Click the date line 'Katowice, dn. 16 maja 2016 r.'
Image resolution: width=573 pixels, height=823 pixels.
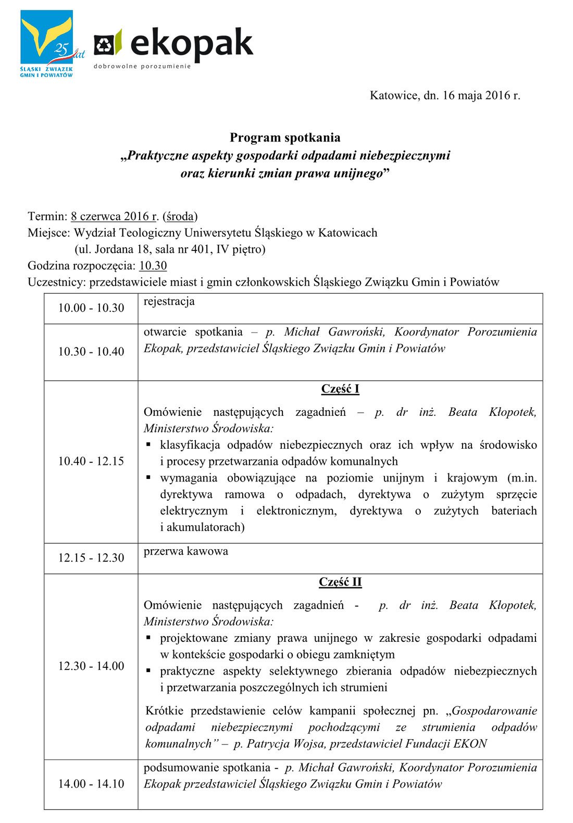[x=445, y=95]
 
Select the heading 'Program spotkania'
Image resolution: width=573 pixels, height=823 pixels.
[x=285, y=137]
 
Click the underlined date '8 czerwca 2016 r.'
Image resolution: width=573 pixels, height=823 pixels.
[x=115, y=216]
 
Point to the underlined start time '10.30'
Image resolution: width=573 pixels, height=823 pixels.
[x=153, y=265]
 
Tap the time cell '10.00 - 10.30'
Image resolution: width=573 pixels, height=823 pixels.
[x=91, y=308]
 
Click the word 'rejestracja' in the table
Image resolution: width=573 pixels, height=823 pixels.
[x=169, y=301]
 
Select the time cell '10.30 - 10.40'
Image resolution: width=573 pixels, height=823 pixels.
[x=91, y=351]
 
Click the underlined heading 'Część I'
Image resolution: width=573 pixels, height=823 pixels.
[x=340, y=389]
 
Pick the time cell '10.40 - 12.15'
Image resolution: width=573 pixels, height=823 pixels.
[x=91, y=461]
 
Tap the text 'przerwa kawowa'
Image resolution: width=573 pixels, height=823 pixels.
[x=185, y=551]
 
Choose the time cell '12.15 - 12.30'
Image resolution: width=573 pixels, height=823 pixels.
[x=91, y=558]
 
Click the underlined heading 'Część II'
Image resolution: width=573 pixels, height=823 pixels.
[x=340, y=582]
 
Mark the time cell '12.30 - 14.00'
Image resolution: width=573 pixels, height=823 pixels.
[x=91, y=666]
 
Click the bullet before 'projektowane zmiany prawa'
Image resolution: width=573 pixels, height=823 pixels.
[x=148, y=638]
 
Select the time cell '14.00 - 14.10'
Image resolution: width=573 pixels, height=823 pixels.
[x=91, y=783]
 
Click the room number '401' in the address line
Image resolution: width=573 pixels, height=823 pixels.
[x=201, y=249]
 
